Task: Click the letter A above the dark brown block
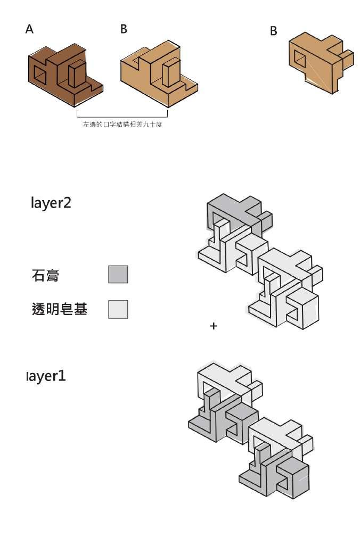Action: point(29,29)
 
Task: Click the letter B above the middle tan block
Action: point(124,29)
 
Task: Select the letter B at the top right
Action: point(274,31)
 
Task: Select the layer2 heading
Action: point(51,203)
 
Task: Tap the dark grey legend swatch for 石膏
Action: point(118,274)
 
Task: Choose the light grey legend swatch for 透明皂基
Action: point(118,309)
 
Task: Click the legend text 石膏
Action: point(45,275)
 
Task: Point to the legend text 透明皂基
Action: point(59,309)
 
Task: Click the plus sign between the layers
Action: point(214,326)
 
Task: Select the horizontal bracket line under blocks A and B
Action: point(122,117)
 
